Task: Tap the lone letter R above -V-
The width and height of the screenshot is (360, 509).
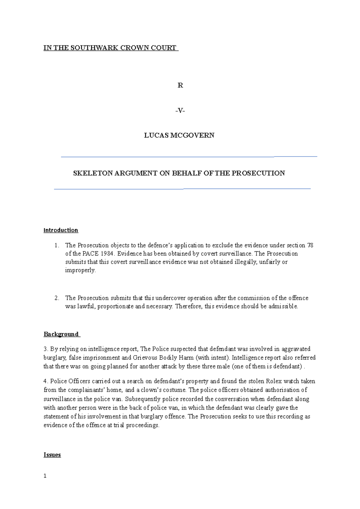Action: coord(180,85)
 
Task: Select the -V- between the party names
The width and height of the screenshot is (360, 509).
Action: coord(180,111)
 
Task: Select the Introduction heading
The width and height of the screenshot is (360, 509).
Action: coord(61,230)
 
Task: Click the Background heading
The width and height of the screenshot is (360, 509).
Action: coord(61,334)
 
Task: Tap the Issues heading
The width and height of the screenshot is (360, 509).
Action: coord(52,455)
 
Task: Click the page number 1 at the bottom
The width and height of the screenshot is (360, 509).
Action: coord(45,476)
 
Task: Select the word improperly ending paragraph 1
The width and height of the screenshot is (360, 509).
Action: coord(80,270)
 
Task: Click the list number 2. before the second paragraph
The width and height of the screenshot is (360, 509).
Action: coord(57,298)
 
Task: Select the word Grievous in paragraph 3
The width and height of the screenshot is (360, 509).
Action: coord(145,358)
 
